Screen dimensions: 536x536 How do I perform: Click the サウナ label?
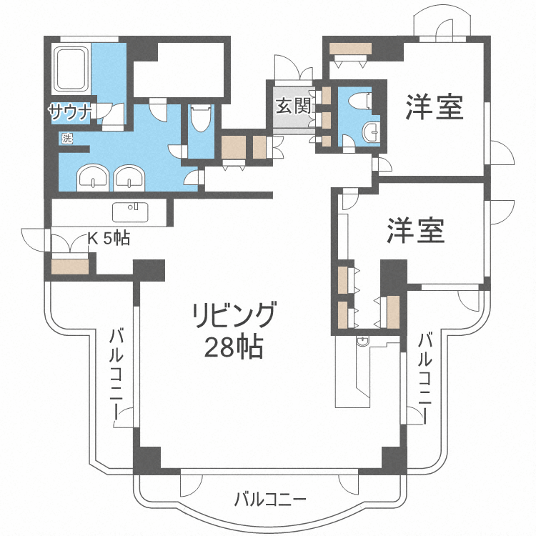point(70,111)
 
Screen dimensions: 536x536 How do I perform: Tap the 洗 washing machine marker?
point(67,139)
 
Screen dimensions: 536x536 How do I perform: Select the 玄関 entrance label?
point(293,108)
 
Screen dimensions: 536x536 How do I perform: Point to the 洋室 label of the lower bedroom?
point(416,230)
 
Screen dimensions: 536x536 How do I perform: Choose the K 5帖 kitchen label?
point(108,239)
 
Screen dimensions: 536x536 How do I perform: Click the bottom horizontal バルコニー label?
point(270,498)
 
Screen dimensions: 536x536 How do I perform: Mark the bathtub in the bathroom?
point(71,69)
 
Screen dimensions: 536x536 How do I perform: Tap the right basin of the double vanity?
point(129,177)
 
